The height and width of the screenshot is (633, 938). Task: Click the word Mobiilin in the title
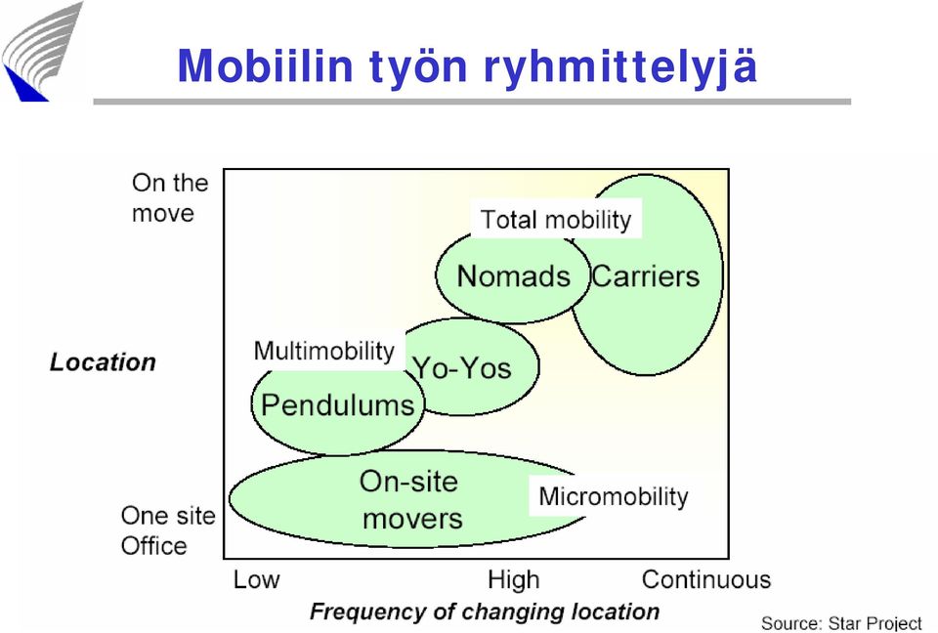click(266, 65)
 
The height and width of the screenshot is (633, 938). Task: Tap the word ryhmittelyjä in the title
click(620, 68)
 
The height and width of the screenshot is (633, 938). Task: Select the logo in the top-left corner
click(42, 52)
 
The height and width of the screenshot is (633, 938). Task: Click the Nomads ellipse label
click(513, 276)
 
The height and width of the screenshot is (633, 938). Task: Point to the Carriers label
click(646, 276)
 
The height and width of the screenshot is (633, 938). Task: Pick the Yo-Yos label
click(462, 367)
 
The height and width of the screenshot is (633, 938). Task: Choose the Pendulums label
click(338, 405)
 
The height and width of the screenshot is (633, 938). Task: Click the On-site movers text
click(411, 499)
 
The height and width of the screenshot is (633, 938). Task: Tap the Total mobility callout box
click(556, 219)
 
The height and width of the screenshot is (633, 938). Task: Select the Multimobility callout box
click(324, 351)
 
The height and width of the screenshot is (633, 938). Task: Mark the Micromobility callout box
click(614, 496)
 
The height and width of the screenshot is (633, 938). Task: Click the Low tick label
click(256, 579)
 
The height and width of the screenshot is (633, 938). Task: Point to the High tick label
click(513, 579)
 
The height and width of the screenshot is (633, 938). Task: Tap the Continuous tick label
click(705, 579)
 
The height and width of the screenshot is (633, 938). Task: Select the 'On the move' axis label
click(170, 197)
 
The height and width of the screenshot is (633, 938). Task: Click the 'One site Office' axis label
click(167, 530)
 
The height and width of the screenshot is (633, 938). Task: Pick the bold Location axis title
click(103, 362)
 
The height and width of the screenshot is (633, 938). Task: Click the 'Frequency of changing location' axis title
click(485, 612)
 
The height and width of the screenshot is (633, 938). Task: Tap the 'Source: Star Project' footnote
click(841, 623)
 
